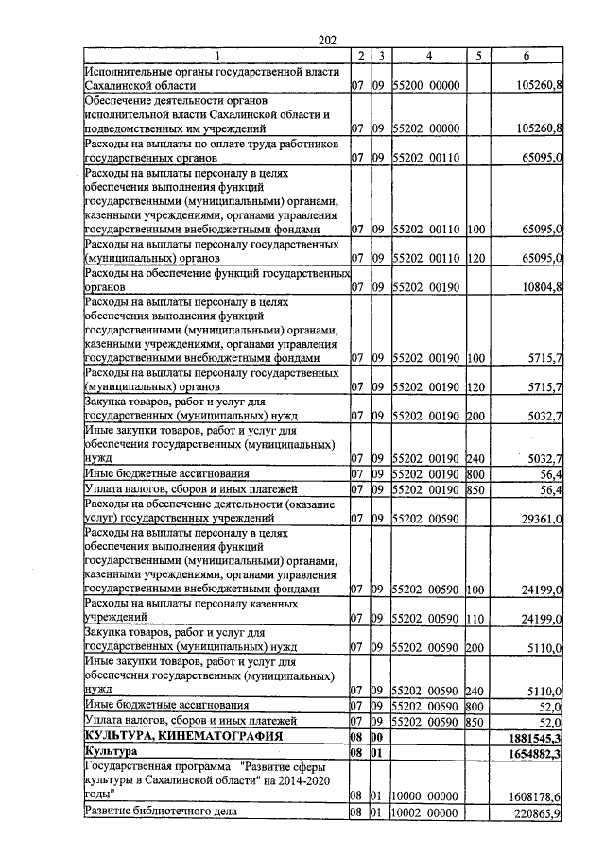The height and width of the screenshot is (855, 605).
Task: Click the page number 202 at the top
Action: [x=328, y=39]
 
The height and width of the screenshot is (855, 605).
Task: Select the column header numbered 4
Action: [x=428, y=56]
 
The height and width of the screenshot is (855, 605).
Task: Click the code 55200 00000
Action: [x=424, y=86]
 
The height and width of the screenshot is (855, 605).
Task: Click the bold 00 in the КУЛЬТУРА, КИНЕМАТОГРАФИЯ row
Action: [x=377, y=735]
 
